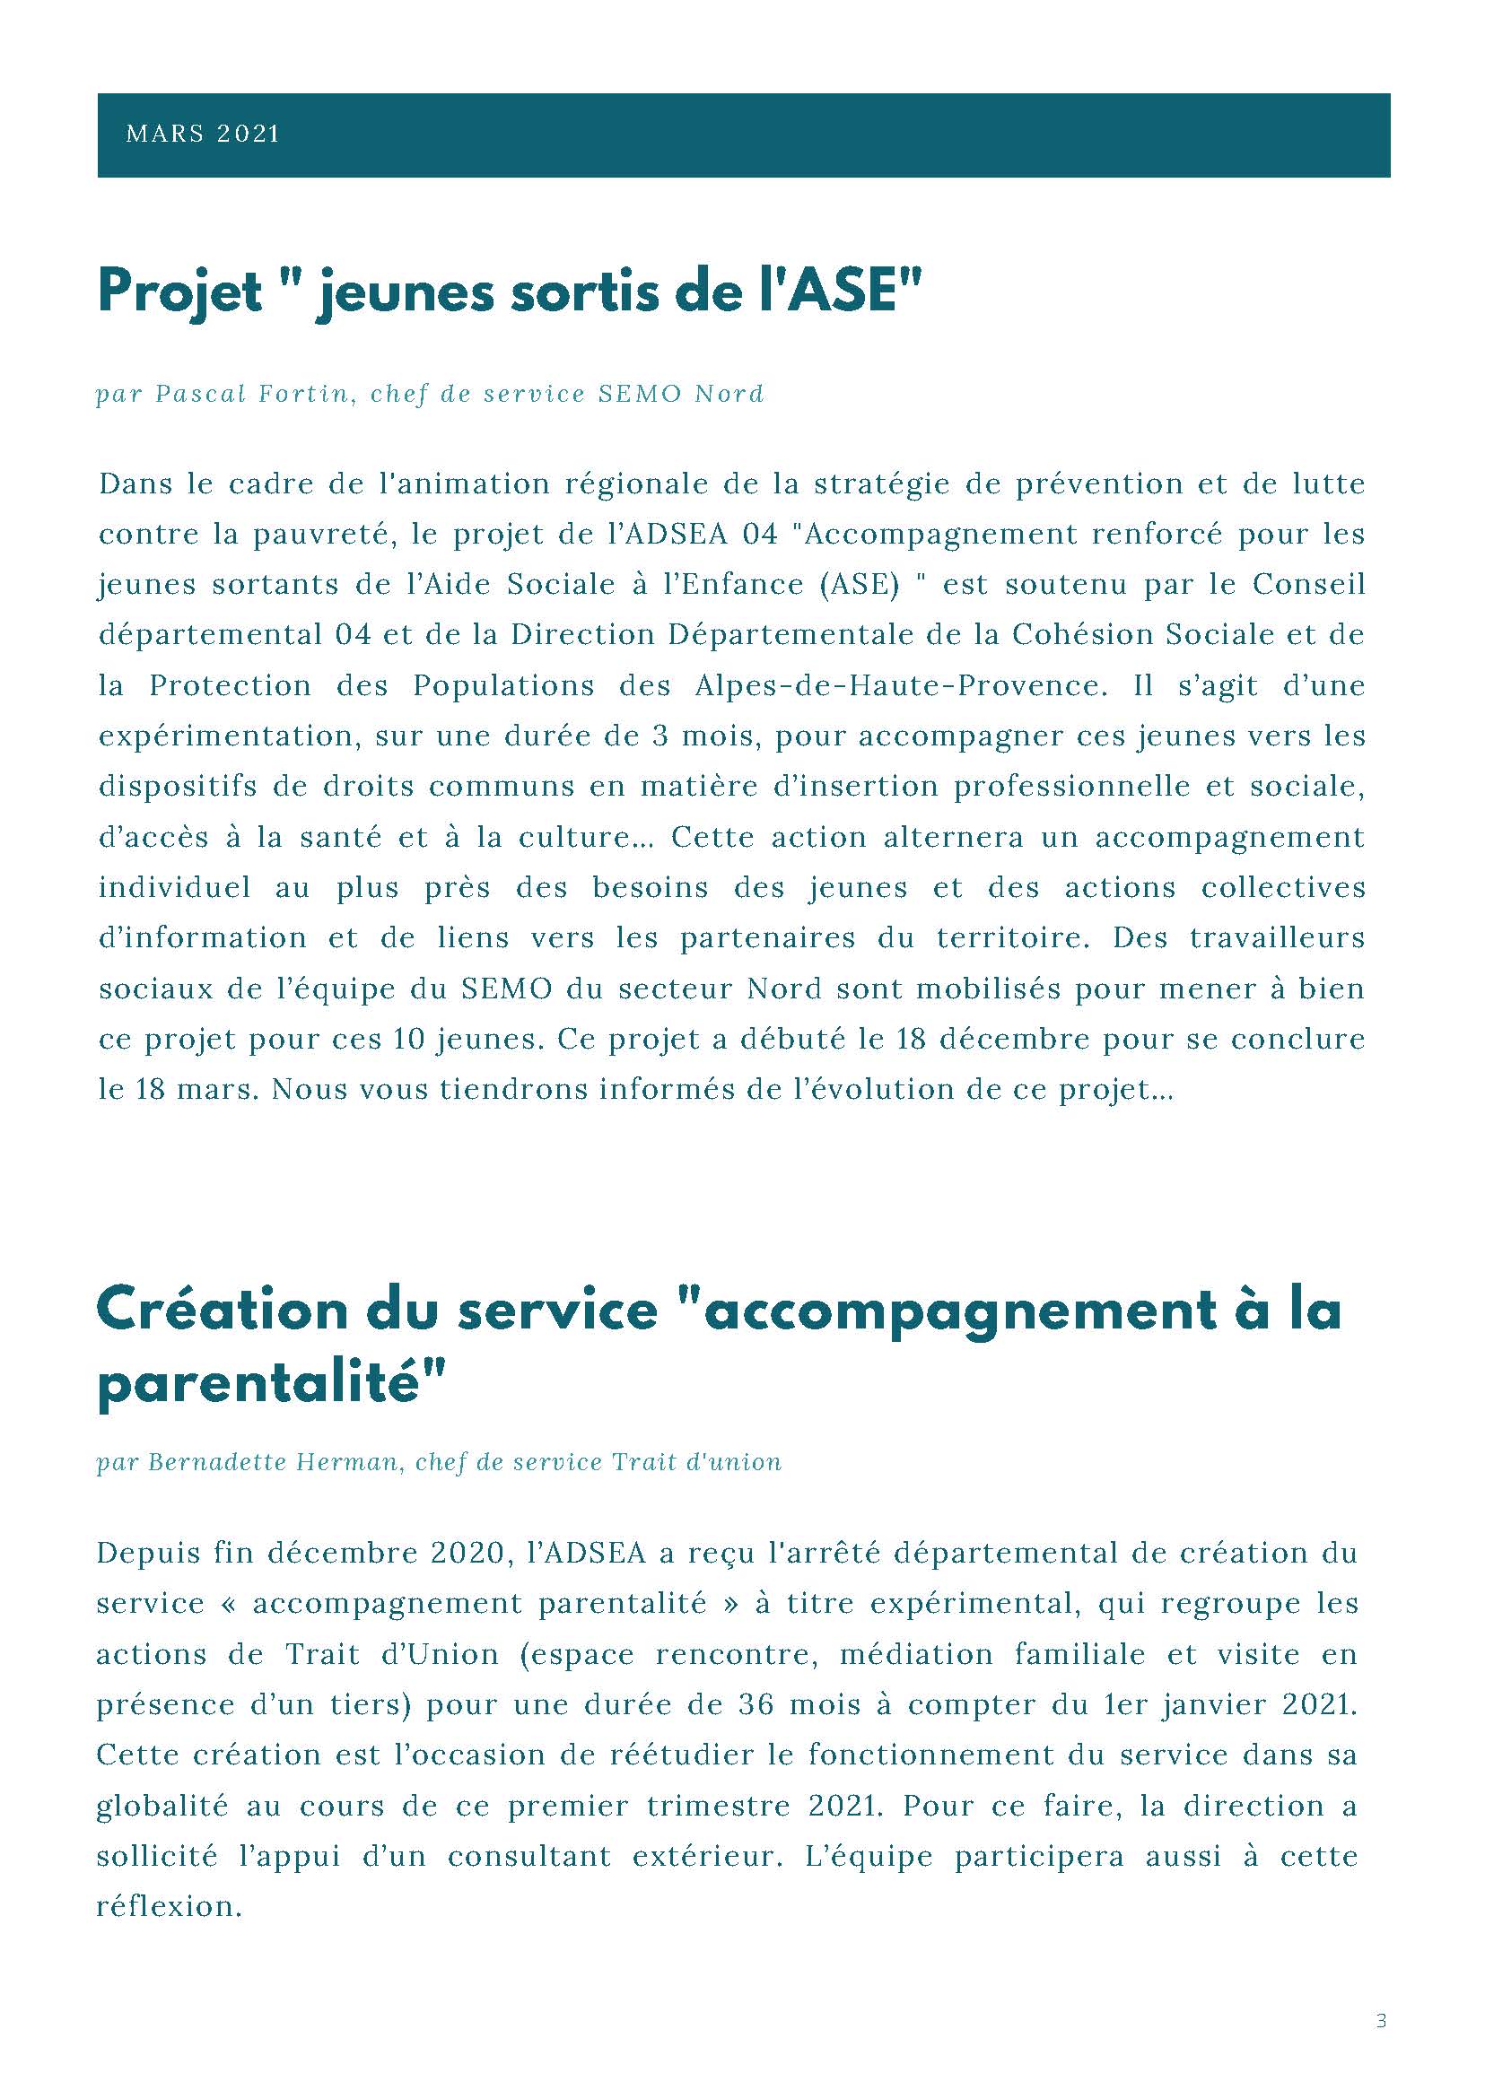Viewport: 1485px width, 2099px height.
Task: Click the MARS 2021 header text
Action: click(x=202, y=134)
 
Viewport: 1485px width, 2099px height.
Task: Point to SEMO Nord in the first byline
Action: click(x=680, y=394)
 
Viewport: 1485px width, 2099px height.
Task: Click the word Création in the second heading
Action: click(x=223, y=1310)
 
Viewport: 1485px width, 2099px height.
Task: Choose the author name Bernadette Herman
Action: click(x=275, y=1462)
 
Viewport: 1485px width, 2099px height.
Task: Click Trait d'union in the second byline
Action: click(x=697, y=1462)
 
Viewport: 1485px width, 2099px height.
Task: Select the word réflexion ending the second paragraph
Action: click(x=169, y=1907)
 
